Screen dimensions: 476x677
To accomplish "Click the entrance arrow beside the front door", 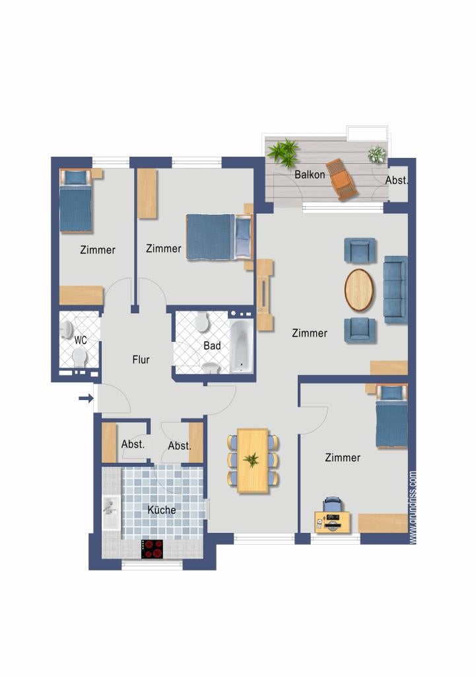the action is [86, 398].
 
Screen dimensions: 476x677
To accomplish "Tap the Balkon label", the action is [310, 175].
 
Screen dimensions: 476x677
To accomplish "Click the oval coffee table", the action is [359, 290].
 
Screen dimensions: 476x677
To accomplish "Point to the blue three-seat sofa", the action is [395, 290].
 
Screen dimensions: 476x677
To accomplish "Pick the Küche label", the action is [162, 510].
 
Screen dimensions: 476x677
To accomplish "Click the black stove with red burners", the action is [153, 549].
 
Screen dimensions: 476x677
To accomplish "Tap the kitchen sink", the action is [111, 512].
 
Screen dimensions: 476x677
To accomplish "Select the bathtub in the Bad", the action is [242, 346].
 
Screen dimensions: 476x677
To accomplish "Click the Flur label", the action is [141, 360].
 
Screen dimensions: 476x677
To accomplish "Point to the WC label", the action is [81, 340].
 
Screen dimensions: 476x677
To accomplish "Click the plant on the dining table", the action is [252, 459].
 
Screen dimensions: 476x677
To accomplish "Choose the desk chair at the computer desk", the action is [332, 504].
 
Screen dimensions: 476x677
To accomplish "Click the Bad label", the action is [212, 346].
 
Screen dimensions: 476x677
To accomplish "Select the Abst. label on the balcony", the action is [396, 180].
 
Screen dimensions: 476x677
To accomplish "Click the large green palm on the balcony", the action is [283, 153].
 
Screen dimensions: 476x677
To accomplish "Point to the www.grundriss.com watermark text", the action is [413, 507].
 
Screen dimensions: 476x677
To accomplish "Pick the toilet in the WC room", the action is [79, 357].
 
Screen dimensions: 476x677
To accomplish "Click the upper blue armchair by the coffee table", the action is [360, 250].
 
